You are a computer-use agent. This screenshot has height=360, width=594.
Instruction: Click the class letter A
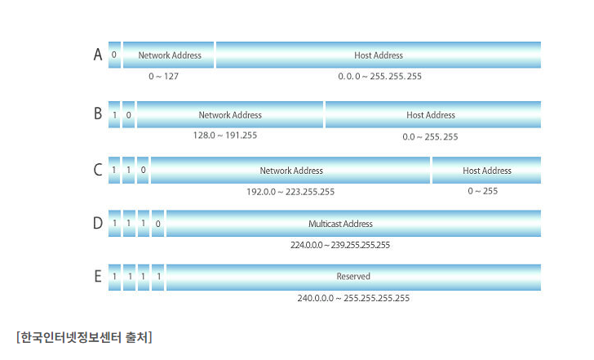[98, 54]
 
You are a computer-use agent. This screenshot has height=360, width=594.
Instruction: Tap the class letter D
[98, 223]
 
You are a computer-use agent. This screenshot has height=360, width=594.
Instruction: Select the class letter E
[98, 276]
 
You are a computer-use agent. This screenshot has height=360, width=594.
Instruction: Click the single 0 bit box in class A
[114, 55]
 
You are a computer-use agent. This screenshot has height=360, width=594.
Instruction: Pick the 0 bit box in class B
[128, 114]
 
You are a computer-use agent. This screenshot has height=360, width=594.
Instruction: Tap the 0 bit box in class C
[143, 170]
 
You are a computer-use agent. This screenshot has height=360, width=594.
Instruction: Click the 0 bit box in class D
[157, 224]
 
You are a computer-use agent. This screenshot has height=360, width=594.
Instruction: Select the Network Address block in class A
[169, 55]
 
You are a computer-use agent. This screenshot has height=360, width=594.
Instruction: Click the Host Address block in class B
[433, 114]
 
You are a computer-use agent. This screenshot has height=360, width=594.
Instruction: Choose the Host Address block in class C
[486, 170]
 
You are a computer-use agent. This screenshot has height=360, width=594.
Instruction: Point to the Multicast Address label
[340, 224]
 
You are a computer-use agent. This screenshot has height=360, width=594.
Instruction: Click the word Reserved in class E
[353, 276]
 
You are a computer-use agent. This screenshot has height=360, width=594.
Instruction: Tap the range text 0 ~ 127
[163, 76]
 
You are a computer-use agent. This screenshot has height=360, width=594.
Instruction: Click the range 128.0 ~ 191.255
[225, 136]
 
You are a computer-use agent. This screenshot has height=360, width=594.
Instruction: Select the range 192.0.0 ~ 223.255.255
[290, 192]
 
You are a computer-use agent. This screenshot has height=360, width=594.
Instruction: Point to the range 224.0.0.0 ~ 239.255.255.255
[340, 245]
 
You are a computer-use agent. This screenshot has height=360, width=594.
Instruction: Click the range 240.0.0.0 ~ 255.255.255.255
[353, 298]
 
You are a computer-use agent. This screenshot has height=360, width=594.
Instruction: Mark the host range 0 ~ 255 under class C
[483, 191]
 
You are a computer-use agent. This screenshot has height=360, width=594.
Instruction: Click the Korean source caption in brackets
[84, 337]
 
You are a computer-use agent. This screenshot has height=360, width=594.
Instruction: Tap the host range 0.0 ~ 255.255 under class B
[430, 137]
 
